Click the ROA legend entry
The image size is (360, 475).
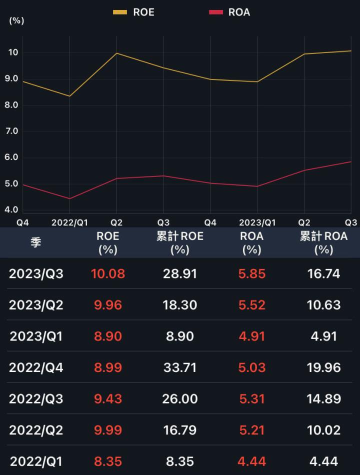[229, 12]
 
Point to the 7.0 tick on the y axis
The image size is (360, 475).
[11, 131]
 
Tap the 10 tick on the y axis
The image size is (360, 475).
[13, 52]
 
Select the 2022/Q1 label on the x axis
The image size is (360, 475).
[69, 222]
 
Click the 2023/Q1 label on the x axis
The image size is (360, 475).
[257, 222]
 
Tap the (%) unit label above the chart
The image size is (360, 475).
[16, 21]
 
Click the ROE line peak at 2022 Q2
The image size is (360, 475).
[116, 53]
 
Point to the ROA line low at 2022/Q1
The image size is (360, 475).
[69, 198]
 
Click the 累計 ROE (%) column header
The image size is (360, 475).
[179, 242]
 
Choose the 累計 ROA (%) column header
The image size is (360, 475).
[323, 242]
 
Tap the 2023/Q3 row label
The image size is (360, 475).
[36, 273]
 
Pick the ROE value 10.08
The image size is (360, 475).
[108, 273]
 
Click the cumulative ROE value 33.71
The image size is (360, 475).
[179, 367]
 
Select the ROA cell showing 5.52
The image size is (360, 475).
[251, 305]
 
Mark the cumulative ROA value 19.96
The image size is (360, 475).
[323, 367]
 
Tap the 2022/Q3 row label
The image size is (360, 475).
[36, 399]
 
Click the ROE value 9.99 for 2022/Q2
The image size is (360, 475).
[108, 430]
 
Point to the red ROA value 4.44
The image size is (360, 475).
[251, 461]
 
